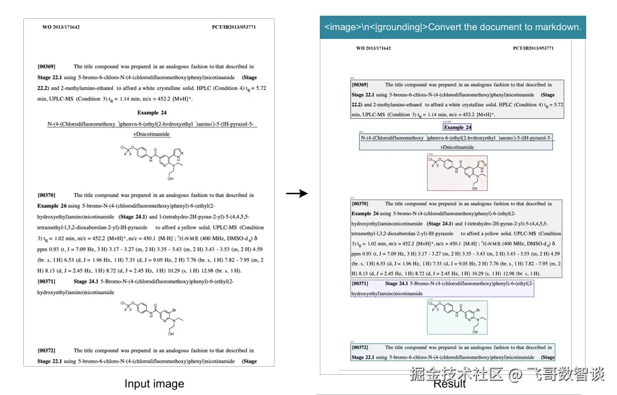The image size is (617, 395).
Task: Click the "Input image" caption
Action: pos(154,384)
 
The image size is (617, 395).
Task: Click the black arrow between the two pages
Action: pos(297,193)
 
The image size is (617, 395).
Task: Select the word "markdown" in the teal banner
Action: pos(559,28)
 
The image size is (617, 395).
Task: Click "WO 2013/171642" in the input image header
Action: pos(61,28)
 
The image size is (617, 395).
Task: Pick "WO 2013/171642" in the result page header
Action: pos(373,48)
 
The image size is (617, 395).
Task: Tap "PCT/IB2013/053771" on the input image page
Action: pos(234,28)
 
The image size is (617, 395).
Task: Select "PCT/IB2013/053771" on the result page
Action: pos(533,48)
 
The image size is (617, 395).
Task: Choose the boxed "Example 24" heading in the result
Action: pos(457,127)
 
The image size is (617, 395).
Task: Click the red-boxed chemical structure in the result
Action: pos(457,173)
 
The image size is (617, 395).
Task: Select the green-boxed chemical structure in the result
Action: pos(457,317)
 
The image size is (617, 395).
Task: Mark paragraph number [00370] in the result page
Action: pos(360,203)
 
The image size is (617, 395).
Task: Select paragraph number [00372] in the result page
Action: pos(360,347)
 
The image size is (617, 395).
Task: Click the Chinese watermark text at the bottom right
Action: pos(507,374)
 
